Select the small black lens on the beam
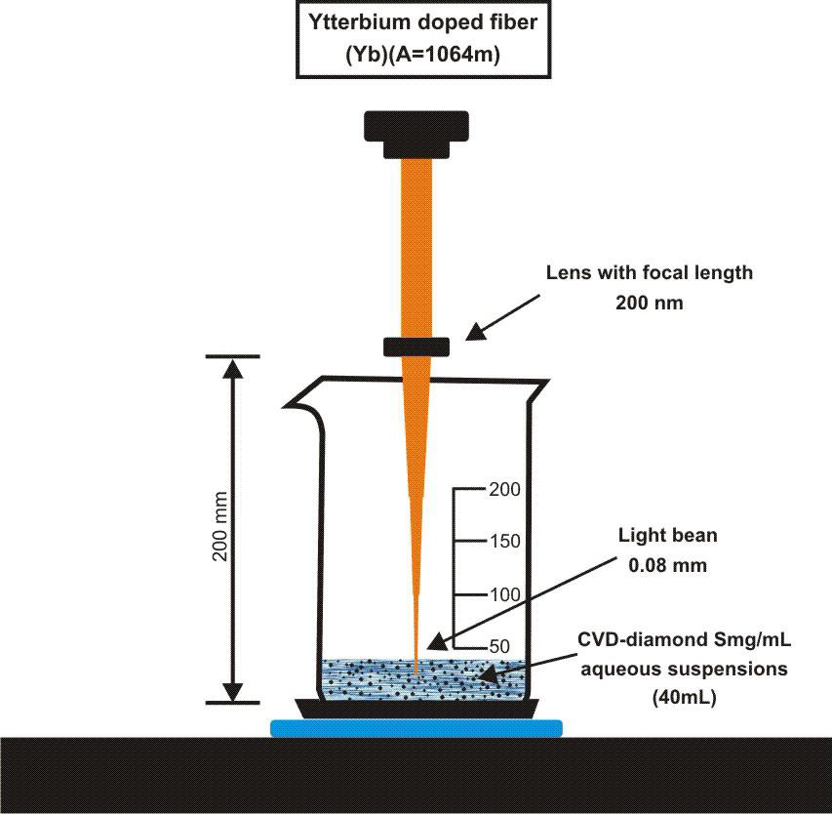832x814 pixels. (416, 346)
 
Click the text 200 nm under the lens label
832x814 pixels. (649, 303)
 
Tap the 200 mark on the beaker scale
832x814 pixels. (504, 489)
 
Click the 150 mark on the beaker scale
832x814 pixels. (504, 542)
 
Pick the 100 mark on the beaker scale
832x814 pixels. (504, 594)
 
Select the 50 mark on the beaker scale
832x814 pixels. (500, 646)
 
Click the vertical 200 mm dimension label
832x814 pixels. (220, 525)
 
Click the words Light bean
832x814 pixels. (668, 535)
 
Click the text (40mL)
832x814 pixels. (682, 698)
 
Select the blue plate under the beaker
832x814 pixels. (416, 727)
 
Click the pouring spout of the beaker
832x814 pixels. (298, 400)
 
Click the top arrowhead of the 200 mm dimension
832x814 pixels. (232, 368)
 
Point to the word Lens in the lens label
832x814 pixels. (568, 272)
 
